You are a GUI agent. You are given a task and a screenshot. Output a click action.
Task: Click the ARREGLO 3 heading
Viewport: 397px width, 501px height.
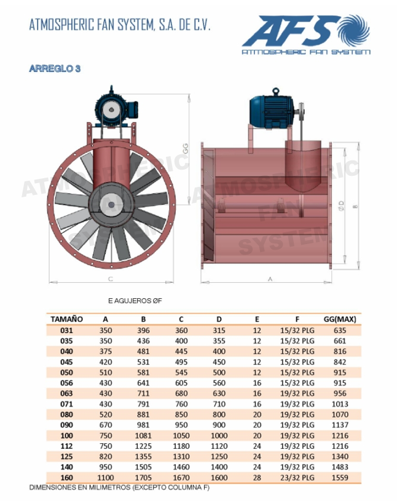point(55,68)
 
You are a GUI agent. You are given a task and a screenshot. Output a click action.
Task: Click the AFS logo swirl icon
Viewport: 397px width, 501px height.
point(354,30)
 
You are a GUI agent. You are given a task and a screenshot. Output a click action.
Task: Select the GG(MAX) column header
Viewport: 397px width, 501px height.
point(340,319)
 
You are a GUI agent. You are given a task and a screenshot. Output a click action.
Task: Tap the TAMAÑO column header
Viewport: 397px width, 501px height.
point(66,319)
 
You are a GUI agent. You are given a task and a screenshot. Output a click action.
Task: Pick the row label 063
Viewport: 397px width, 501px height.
point(66,393)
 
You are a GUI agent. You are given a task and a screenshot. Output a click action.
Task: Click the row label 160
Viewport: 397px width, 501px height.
point(66,478)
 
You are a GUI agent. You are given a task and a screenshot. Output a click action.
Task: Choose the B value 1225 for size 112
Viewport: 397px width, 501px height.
point(143,446)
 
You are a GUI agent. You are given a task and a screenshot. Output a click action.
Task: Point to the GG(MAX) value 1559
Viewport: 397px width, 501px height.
point(340,478)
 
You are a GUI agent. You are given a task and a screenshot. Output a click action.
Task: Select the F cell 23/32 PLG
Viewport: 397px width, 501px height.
point(297,478)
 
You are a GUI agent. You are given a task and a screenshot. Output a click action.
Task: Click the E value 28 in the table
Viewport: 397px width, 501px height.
point(257,478)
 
